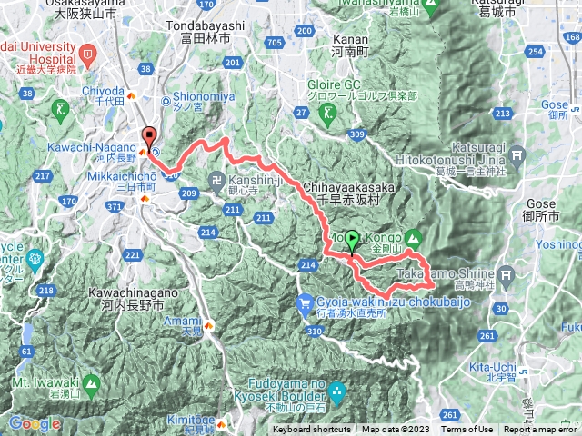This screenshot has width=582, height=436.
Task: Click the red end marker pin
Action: click(149, 138)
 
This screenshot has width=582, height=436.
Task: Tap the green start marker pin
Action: click(353, 239)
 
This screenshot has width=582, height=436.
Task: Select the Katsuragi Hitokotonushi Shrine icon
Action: click(517, 156)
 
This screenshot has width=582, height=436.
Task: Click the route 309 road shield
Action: click(356, 134)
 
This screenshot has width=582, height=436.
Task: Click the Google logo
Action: click(35, 424)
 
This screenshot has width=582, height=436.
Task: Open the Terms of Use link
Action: click(467, 430)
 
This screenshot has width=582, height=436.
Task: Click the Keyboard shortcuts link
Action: click(311, 430)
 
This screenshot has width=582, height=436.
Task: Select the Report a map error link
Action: click(543, 430)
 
